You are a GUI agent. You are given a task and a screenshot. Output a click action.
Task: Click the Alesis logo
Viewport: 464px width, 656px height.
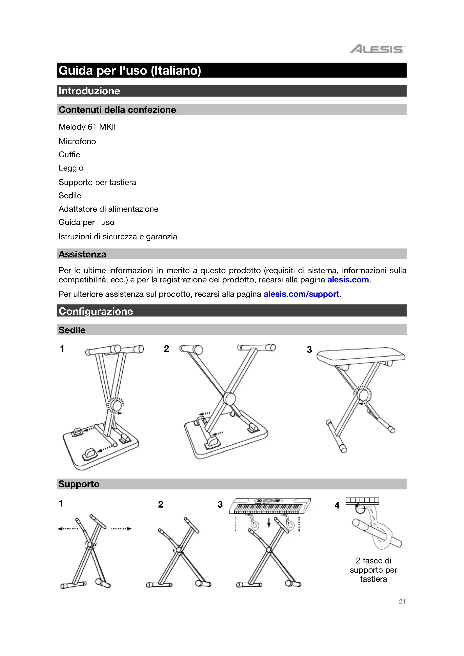[x=377, y=49]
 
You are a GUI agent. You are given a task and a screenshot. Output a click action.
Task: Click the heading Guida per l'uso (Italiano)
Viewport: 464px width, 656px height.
[x=130, y=71]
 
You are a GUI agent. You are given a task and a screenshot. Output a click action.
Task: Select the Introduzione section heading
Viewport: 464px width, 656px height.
[x=89, y=91]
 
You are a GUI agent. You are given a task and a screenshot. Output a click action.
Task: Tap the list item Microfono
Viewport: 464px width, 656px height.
[x=77, y=141]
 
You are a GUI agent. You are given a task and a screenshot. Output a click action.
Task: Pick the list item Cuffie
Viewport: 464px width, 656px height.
[x=69, y=155]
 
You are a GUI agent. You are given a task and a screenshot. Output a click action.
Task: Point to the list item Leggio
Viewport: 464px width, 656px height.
[x=71, y=168]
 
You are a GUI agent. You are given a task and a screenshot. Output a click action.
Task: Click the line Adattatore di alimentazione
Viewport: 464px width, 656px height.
[x=108, y=209]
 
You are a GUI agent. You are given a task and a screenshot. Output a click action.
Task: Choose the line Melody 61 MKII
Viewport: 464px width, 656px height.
[x=87, y=127]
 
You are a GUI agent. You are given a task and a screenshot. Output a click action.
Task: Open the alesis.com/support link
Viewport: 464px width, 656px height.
[x=301, y=294]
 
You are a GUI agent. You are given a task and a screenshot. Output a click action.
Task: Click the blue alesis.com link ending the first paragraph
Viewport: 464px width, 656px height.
[x=348, y=280]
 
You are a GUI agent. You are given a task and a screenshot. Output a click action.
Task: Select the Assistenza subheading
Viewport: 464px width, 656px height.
[x=82, y=254]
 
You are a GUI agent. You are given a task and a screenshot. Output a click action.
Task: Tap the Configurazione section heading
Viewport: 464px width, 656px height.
[x=96, y=311]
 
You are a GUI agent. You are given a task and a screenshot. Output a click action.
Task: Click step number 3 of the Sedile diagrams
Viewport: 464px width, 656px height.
[x=309, y=349]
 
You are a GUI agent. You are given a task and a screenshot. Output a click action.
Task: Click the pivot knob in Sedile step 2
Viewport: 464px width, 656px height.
[x=229, y=398]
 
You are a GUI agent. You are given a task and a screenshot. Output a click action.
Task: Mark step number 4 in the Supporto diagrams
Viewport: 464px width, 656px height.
[x=337, y=505]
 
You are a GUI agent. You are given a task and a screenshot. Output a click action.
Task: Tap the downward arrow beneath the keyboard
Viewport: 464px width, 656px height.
[x=268, y=523]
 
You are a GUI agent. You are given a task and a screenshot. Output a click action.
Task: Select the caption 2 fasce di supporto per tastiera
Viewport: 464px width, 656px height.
[x=373, y=570]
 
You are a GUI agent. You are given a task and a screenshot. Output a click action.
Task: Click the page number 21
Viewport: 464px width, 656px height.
[x=402, y=601]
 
